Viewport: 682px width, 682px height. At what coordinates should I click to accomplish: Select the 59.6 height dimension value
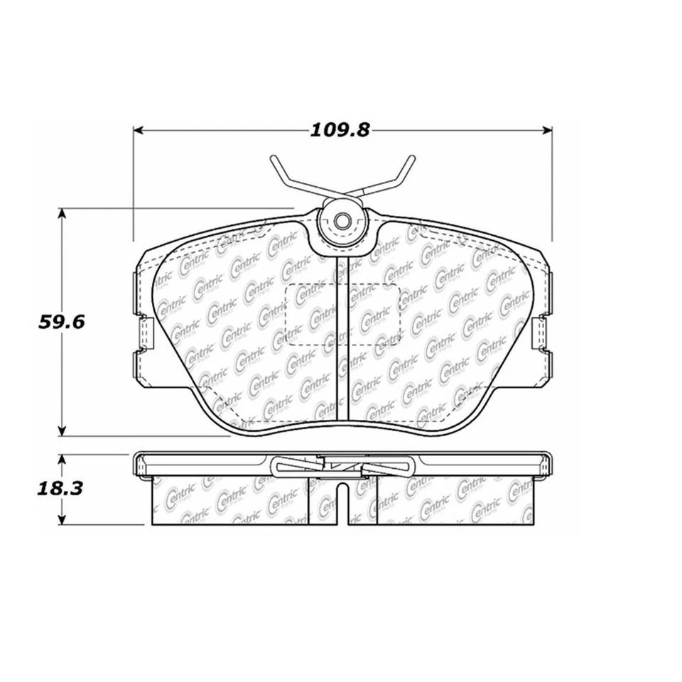pos(60,322)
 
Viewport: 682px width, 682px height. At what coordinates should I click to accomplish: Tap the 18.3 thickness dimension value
pos(60,489)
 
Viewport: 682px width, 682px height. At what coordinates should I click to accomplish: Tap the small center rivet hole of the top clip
pos(342,220)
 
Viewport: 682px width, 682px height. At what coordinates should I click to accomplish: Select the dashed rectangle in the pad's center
pos(342,315)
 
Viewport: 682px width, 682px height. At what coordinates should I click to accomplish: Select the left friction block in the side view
pos(231,501)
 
